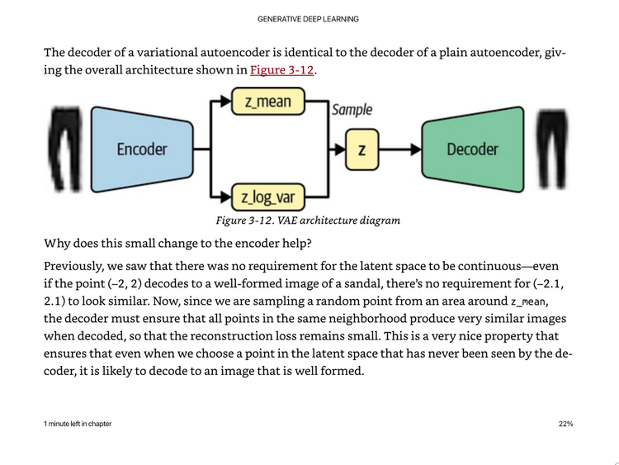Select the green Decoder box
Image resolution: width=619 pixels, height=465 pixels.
(472, 149)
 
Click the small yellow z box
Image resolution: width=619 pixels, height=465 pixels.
(361, 150)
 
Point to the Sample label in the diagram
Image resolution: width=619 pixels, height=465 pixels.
(352, 110)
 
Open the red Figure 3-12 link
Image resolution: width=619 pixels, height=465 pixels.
(281, 70)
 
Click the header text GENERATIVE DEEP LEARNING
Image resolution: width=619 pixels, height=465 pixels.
(308, 19)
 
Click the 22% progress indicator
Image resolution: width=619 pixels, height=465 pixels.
(565, 424)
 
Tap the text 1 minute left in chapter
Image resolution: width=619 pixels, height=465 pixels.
(78, 424)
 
